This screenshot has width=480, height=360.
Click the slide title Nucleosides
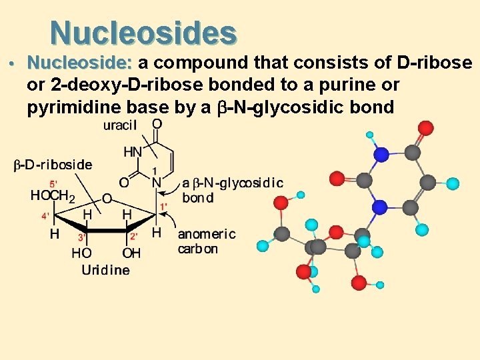coord(143,32)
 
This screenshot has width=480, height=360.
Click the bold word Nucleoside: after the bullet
coord(81,64)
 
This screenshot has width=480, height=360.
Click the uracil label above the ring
coord(121,125)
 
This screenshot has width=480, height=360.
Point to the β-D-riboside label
coord(53,164)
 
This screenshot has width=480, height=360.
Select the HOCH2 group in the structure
coord(53,195)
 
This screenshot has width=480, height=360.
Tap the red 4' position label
coord(45,216)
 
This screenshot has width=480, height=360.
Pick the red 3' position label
coord(81,236)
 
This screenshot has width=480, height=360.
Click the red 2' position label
coord(133,236)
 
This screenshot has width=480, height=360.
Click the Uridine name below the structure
coord(105,270)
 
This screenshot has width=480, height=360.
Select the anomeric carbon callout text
coord(206,241)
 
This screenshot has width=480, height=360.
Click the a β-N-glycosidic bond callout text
coord(232,190)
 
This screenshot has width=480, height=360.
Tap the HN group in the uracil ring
coord(133,153)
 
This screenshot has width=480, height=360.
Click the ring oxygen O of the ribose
coord(107,198)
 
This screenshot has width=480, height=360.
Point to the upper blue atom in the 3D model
coord(381,155)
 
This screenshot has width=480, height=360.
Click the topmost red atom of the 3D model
coord(423,127)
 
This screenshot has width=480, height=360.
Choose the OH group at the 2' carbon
coord(131,253)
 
